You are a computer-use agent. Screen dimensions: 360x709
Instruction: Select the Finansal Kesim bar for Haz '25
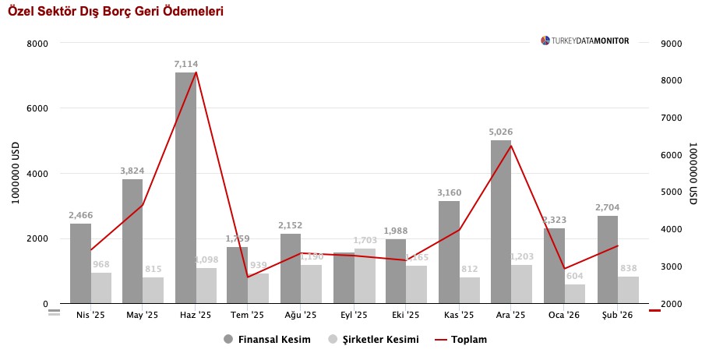[185, 187]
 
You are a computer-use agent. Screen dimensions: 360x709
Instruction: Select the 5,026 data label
[501, 132]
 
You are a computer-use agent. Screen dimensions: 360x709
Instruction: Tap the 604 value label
[575, 277]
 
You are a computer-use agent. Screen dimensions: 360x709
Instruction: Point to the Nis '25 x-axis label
[90, 316]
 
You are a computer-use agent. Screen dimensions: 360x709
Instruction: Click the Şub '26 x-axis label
[617, 316]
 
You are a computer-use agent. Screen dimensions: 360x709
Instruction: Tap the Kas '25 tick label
[459, 316]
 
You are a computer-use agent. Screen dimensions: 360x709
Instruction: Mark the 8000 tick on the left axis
[37, 44]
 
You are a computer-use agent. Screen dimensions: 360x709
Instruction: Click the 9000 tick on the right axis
[672, 44]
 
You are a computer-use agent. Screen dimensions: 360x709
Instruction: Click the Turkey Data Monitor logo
[585, 41]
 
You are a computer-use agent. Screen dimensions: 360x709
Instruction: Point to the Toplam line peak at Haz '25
[196, 72]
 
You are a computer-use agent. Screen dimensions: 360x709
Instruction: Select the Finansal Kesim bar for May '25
[132, 241]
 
